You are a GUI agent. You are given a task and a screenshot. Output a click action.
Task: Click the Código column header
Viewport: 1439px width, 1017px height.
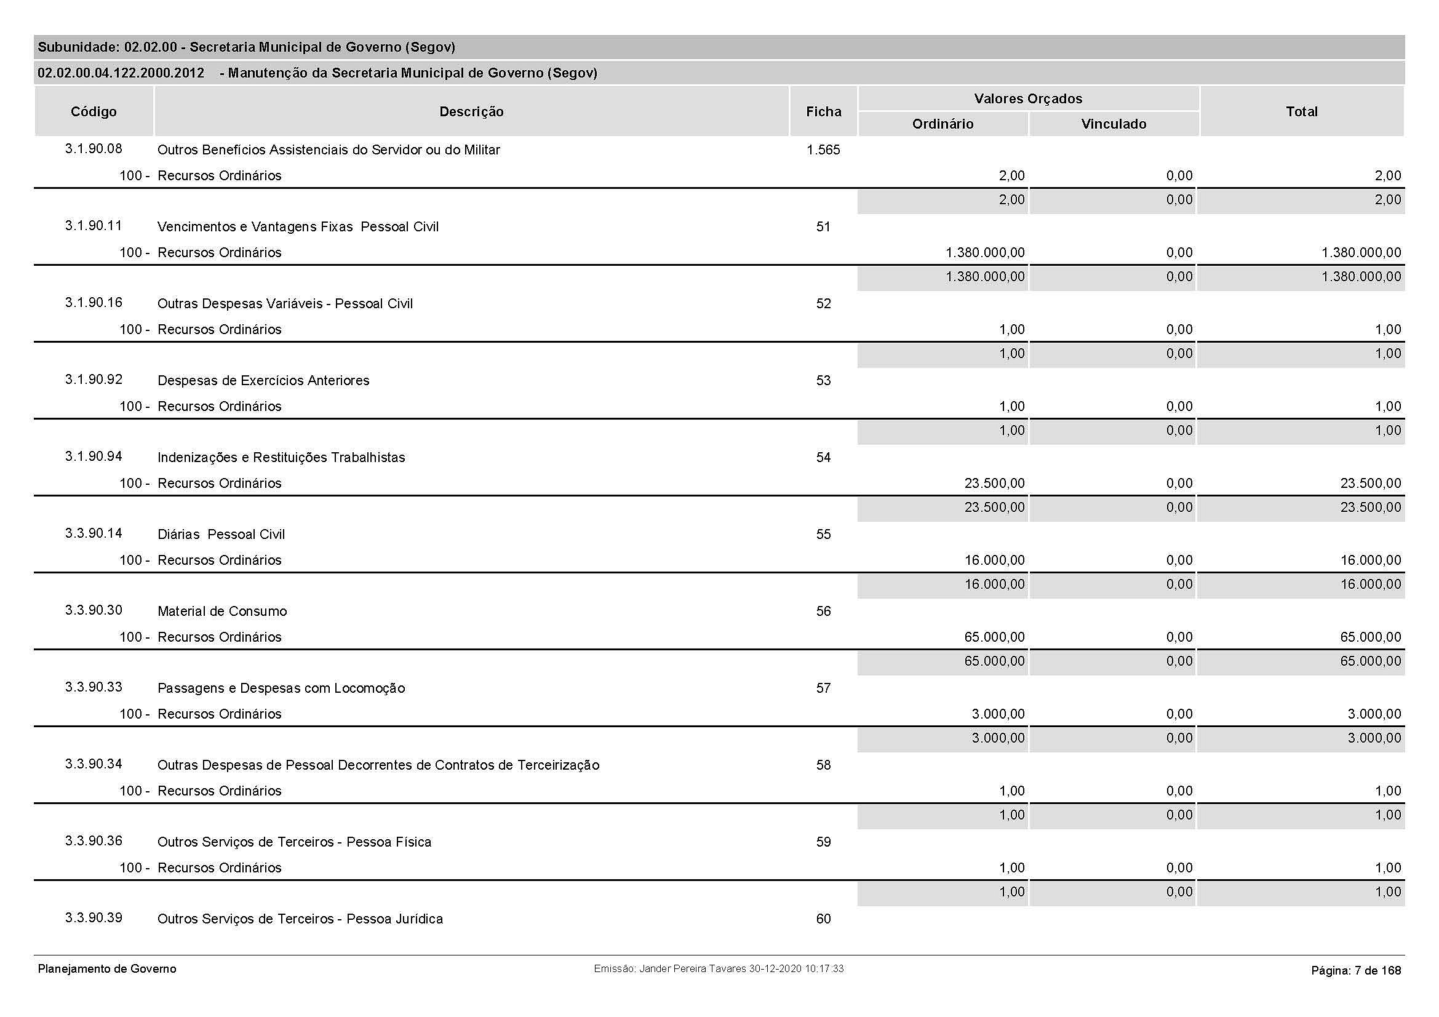click(x=94, y=111)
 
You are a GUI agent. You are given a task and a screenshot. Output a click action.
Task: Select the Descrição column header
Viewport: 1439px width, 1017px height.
click(x=471, y=111)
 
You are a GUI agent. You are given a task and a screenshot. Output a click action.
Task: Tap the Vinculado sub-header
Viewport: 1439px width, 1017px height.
click(x=1114, y=124)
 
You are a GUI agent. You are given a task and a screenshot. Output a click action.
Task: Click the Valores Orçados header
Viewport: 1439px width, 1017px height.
click(x=1028, y=98)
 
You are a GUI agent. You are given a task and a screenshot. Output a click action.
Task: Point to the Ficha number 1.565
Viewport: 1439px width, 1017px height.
click(x=823, y=150)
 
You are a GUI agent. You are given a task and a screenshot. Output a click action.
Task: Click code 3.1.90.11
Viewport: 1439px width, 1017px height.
click(x=94, y=226)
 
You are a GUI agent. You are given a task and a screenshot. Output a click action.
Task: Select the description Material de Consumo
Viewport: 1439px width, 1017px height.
click(x=222, y=611)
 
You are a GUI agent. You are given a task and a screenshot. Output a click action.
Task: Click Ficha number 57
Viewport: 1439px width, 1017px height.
click(x=823, y=688)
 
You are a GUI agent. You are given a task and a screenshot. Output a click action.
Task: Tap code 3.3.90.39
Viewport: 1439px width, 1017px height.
click(x=94, y=918)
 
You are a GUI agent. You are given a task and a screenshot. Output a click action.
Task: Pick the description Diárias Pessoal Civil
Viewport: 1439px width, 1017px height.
click(x=221, y=535)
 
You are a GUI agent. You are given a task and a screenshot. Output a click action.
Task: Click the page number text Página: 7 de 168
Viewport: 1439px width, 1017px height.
click(x=1356, y=971)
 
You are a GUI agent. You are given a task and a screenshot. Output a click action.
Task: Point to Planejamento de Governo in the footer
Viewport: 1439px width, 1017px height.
click(x=107, y=969)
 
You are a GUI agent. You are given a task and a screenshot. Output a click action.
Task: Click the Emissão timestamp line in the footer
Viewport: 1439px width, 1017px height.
click(x=718, y=969)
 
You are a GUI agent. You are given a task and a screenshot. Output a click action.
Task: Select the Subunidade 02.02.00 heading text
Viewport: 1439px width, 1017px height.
click(x=246, y=47)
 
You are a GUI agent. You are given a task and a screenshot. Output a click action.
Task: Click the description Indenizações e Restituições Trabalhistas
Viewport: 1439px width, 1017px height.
click(x=281, y=457)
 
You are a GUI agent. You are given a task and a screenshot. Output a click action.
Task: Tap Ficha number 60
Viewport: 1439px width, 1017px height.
click(x=823, y=919)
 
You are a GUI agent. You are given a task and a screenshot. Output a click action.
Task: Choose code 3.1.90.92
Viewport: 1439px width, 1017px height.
click(x=94, y=380)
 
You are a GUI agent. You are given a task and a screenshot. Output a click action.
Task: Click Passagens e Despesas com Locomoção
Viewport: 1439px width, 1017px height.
click(x=281, y=688)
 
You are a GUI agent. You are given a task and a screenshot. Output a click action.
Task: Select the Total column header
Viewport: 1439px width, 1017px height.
click(x=1301, y=111)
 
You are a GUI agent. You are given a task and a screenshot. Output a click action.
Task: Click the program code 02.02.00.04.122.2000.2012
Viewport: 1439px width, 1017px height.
click(x=121, y=73)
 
